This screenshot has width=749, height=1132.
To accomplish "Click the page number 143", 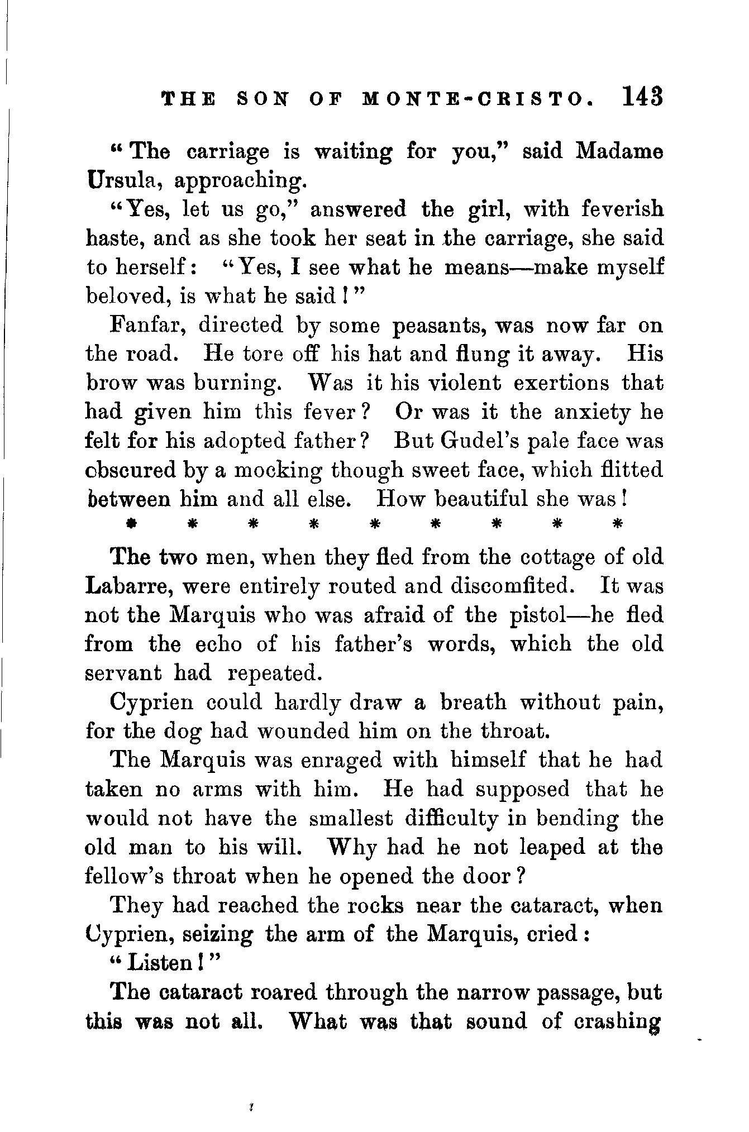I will [641, 96].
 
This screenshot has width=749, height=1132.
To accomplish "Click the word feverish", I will [622, 209].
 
